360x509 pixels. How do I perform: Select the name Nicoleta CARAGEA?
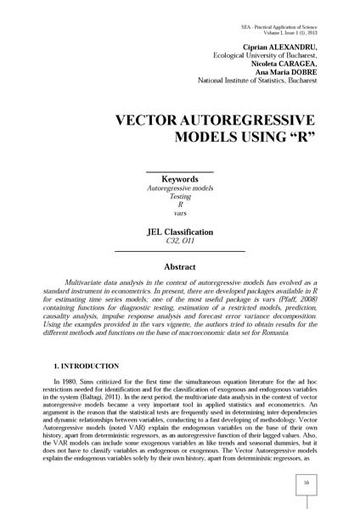(285, 64)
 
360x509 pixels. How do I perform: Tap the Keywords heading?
(179, 179)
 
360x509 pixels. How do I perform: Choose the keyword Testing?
(179, 196)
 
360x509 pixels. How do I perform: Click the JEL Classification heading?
(179, 231)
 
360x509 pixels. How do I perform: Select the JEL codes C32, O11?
(179, 241)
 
